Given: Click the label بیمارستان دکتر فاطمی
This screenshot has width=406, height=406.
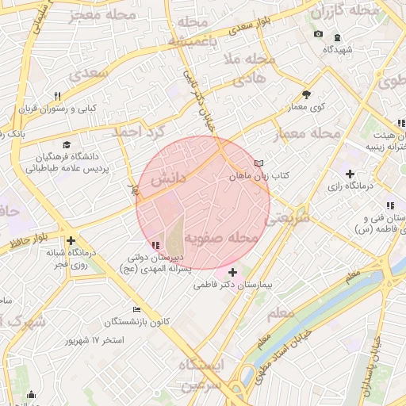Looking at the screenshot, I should (234, 284).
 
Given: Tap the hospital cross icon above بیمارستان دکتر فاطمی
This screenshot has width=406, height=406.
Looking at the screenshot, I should (232, 272).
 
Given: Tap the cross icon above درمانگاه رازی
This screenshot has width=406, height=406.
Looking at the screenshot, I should (350, 174).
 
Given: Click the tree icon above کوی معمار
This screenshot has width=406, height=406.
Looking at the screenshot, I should (307, 94).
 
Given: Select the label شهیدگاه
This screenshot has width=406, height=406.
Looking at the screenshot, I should (337, 49).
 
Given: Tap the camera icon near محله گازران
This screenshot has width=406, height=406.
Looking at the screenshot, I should (318, 33).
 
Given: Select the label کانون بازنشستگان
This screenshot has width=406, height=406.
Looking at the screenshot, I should (137, 321).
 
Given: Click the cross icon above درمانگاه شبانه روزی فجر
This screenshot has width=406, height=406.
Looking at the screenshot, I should (71, 240).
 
